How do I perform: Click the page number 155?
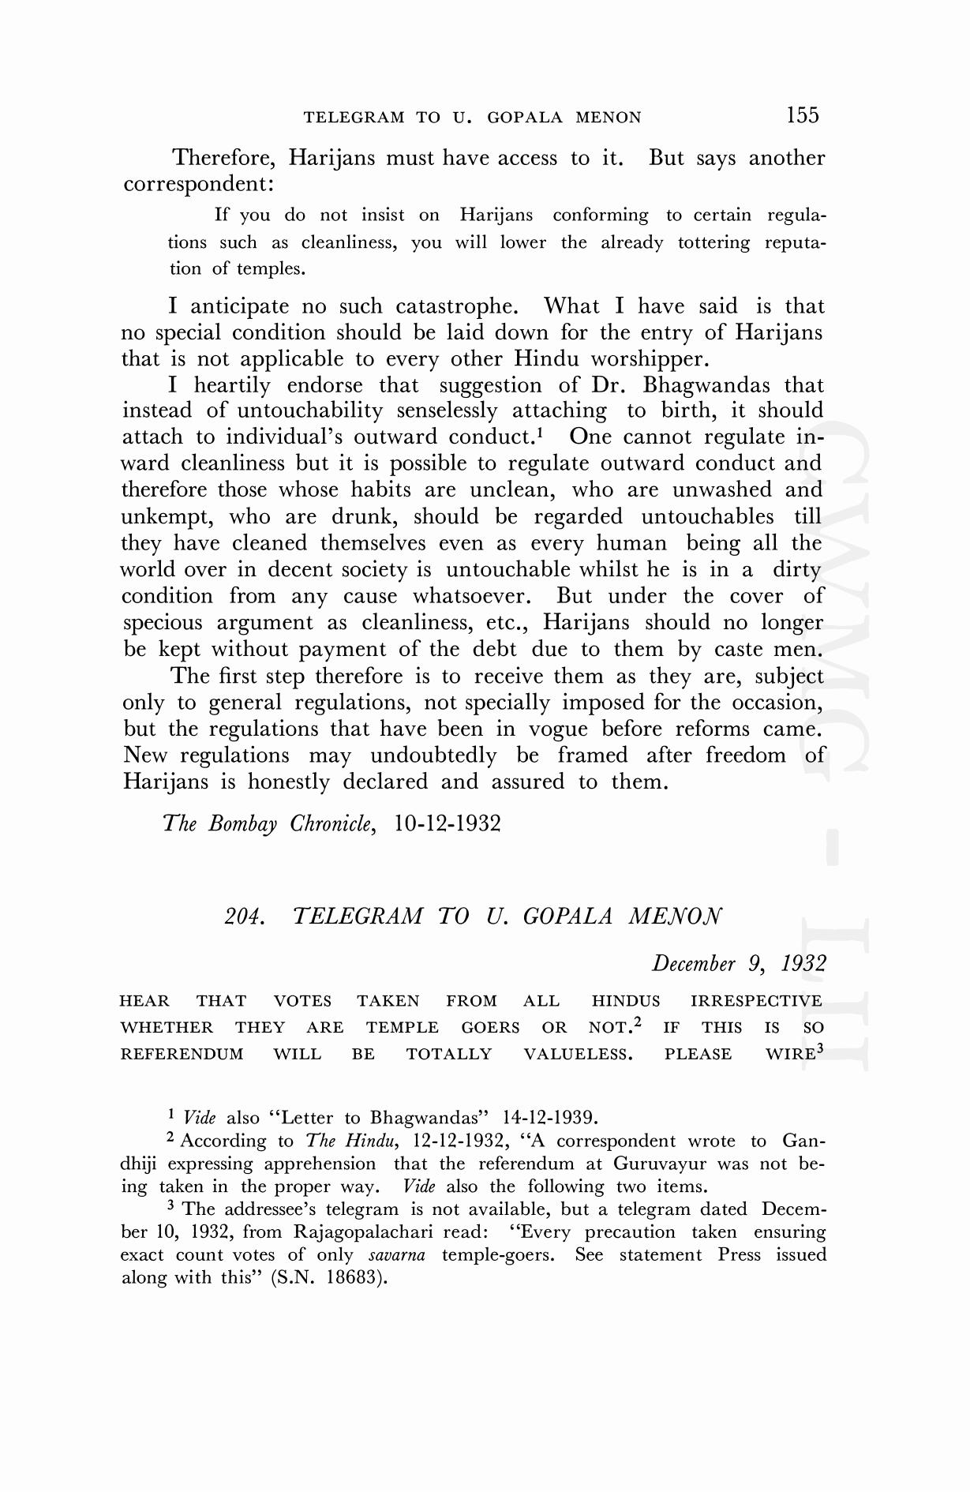pyautogui.click(x=803, y=115)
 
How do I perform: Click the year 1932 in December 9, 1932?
pyautogui.click(x=803, y=964)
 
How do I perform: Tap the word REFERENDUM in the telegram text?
pyautogui.click(x=182, y=1055)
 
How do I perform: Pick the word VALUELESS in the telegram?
pyautogui.click(x=578, y=1055)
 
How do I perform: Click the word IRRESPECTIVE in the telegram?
pyautogui.click(x=756, y=1002)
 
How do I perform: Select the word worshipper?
pyautogui.click(x=650, y=359)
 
